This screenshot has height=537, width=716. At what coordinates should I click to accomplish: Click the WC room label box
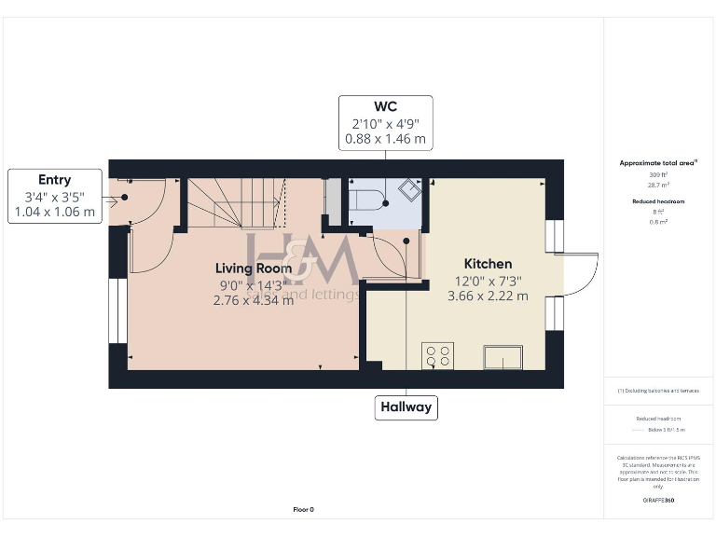click(x=386, y=122)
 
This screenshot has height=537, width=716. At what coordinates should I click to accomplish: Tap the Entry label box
click(x=54, y=196)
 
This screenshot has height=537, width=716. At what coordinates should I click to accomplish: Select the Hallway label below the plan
click(x=406, y=407)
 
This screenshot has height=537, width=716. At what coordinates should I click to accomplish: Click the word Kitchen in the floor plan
click(x=489, y=265)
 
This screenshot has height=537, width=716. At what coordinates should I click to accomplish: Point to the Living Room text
click(x=254, y=268)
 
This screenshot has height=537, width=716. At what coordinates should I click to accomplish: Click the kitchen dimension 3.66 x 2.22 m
click(x=489, y=296)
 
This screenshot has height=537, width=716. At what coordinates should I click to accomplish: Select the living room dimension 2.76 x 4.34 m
click(x=254, y=300)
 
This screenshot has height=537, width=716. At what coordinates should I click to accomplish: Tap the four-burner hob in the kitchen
click(x=439, y=355)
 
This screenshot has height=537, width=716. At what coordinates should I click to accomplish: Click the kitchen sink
click(x=503, y=355)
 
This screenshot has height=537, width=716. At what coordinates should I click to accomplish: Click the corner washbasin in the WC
click(x=407, y=190)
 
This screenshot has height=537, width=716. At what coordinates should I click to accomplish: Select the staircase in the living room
click(x=236, y=202)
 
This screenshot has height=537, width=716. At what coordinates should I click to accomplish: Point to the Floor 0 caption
click(x=303, y=509)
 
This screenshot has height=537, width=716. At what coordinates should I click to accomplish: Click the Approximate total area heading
click(x=658, y=163)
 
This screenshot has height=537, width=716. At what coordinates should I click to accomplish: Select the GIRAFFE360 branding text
click(x=658, y=501)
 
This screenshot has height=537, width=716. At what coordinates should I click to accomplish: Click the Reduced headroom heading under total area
click(x=658, y=201)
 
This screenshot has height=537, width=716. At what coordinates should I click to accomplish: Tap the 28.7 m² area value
click(x=658, y=185)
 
